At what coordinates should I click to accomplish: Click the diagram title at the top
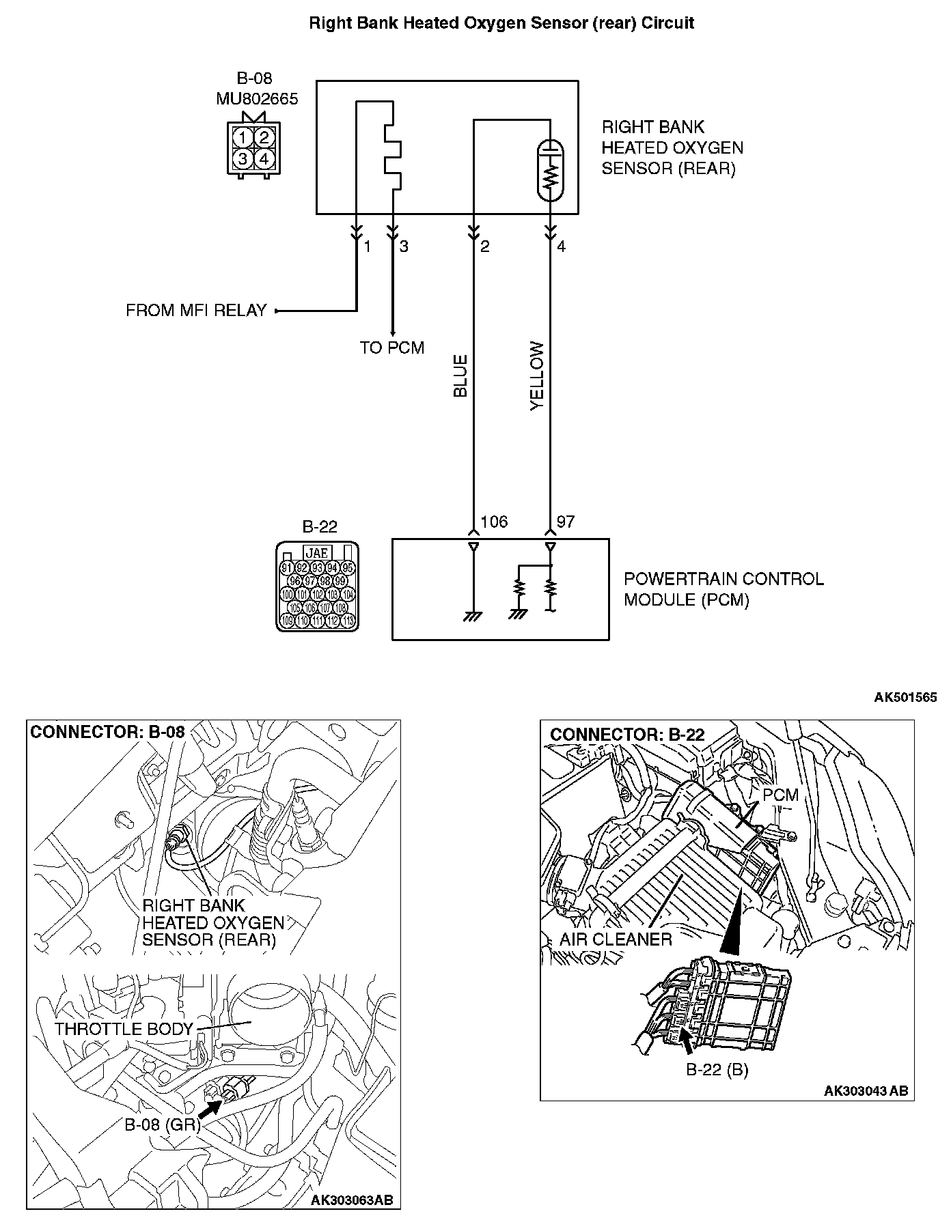click(x=501, y=23)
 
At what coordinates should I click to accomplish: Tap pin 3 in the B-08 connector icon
click(x=241, y=159)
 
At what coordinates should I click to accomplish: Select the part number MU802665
click(x=257, y=99)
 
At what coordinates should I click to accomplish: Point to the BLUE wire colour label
click(x=460, y=376)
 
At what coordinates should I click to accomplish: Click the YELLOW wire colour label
click(x=538, y=376)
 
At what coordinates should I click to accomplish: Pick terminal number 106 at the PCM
click(x=494, y=522)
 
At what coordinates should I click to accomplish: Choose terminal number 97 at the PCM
click(x=566, y=522)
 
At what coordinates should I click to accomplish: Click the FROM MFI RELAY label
click(x=195, y=311)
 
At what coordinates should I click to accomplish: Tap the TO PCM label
click(x=392, y=348)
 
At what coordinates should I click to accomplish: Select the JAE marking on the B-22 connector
click(x=317, y=553)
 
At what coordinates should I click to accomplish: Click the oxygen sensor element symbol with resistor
click(x=550, y=170)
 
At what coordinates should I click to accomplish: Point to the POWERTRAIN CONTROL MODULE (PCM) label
click(x=723, y=589)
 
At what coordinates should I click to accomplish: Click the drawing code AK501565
click(x=905, y=697)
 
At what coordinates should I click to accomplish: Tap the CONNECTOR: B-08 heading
click(x=108, y=732)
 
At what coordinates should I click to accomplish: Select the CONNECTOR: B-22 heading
click(x=627, y=735)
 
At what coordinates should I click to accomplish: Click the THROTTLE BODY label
click(x=124, y=1029)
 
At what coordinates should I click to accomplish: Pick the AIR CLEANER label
click(x=616, y=939)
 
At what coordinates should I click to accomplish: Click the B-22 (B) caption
click(x=717, y=1070)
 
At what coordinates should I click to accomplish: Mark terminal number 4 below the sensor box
click(x=562, y=246)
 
